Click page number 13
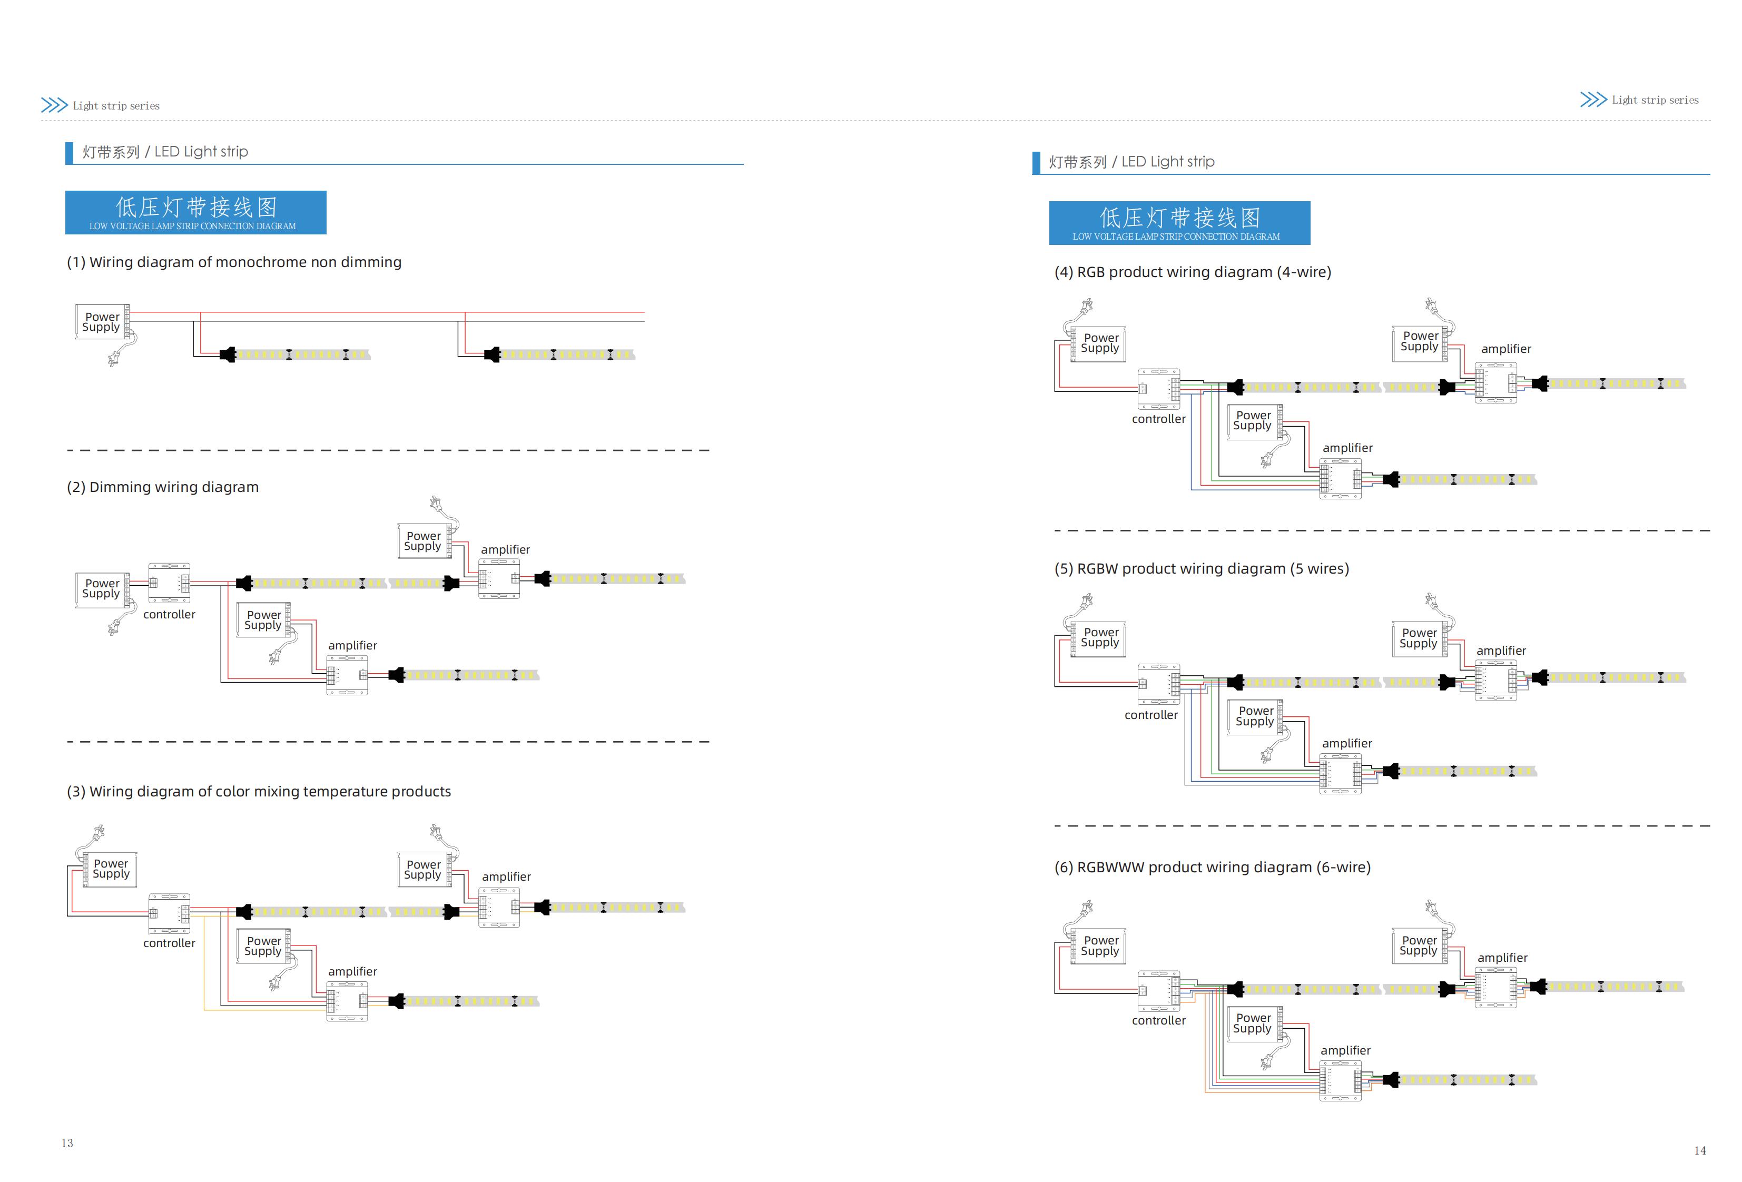click(67, 1143)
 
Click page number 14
click(1700, 1150)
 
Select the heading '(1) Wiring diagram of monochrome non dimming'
click(234, 262)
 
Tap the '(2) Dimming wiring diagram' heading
click(163, 487)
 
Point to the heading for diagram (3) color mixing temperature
click(259, 792)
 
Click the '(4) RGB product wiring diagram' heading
click(1193, 272)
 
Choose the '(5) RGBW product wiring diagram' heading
click(1202, 569)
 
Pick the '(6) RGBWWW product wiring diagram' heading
click(1212, 867)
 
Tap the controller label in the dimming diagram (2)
click(170, 615)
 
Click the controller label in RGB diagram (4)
click(1159, 419)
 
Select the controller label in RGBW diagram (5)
click(1152, 715)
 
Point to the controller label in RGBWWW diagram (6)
click(1159, 1021)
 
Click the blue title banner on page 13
click(195, 212)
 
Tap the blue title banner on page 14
click(1180, 223)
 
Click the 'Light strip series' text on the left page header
click(116, 106)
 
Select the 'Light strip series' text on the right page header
click(1656, 101)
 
